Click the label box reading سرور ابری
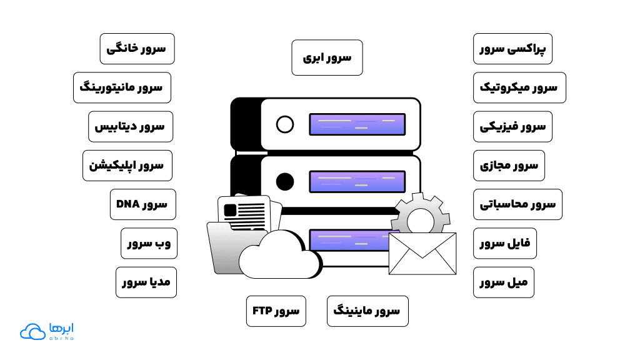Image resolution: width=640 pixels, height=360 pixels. (327, 57)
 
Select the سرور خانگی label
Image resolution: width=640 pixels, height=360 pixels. (137, 49)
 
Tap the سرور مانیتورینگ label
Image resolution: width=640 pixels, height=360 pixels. (122, 87)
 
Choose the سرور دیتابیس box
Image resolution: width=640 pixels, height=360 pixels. (130, 126)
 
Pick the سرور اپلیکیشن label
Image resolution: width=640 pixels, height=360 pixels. (127, 166)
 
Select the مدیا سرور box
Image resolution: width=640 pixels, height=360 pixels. (146, 282)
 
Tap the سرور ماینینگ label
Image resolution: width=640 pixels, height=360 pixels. (367, 311)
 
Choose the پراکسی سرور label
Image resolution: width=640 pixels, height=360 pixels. (512, 49)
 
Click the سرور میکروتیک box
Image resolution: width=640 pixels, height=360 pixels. (519, 87)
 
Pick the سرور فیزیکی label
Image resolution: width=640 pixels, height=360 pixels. (512, 126)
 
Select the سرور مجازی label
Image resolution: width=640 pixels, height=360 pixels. (508, 166)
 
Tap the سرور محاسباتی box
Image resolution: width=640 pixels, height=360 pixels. (517, 204)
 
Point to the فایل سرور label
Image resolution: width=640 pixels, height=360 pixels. (504, 243)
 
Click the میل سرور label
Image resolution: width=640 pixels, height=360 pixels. (503, 282)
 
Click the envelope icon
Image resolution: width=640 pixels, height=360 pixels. (422, 252)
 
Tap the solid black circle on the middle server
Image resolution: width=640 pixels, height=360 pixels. (285, 182)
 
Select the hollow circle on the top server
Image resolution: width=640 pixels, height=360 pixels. (285, 124)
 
